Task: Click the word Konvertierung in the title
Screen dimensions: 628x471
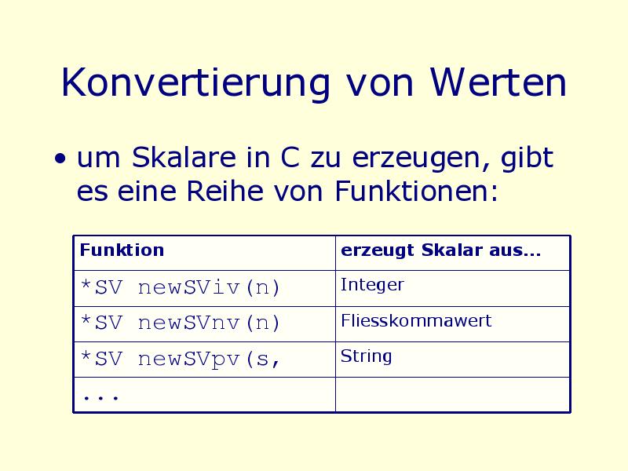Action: (x=195, y=83)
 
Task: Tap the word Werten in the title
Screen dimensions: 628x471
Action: (x=498, y=82)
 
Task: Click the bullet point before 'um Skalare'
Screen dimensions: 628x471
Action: (x=60, y=159)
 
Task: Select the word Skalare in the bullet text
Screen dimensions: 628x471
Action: (x=184, y=157)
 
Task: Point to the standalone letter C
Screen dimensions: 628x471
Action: (x=290, y=157)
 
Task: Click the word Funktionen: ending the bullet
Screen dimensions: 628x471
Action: (x=417, y=191)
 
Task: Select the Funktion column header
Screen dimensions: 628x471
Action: (x=204, y=253)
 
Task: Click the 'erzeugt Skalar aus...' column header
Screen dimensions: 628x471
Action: (x=453, y=253)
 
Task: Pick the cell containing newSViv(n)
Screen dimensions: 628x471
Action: (x=204, y=288)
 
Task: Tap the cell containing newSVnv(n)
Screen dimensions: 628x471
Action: (x=204, y=324)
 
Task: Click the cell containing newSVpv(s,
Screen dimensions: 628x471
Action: (x=204, y=360)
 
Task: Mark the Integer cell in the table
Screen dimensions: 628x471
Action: (x=453, y=288)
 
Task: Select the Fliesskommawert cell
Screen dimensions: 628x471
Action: (x=453, y=324)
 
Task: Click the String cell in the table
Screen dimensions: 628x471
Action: (x=453, y=360)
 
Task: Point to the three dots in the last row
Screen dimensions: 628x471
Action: (x=100, y=398)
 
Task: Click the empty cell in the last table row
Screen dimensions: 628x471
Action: (x=453, y=395)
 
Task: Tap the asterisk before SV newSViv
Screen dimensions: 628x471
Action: (x=86, y=285)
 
